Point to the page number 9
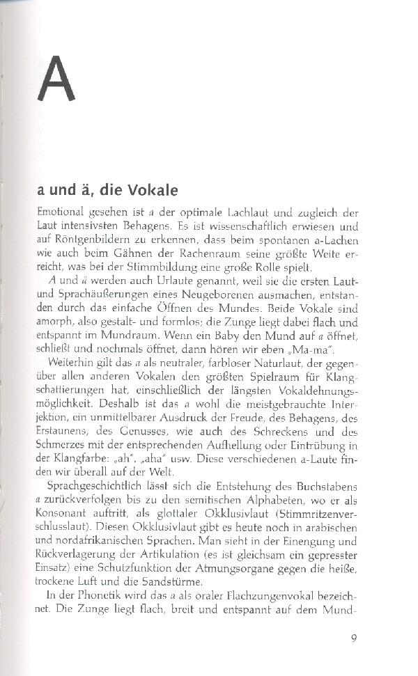point(354,639)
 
